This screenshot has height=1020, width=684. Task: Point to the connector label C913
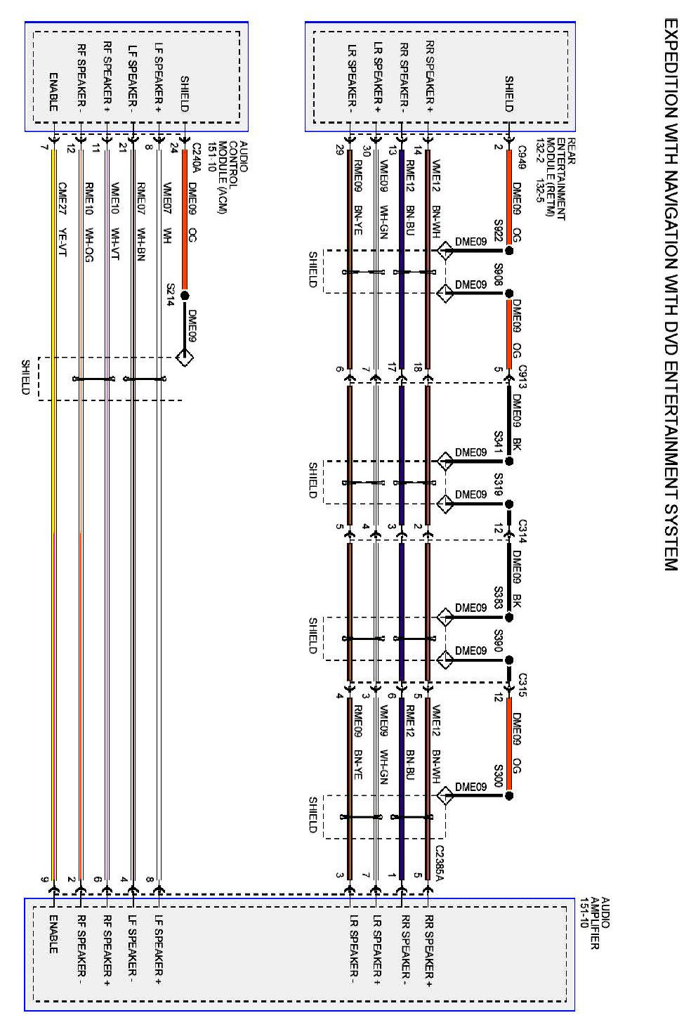pos(522,376)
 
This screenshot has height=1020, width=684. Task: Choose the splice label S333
pos(498,597)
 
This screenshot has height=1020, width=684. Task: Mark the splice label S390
pos(498,641)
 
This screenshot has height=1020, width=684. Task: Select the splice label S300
pos(498,776)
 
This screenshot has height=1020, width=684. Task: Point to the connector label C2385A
pos(440,859)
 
